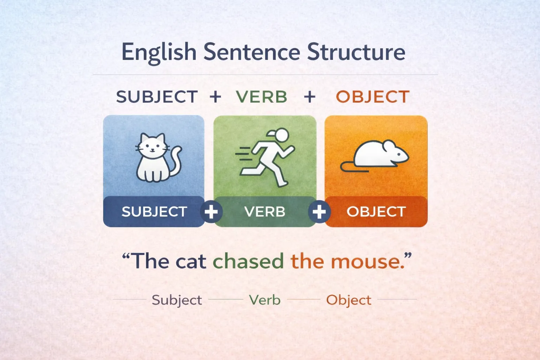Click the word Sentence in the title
coord(251,52)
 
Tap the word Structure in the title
coord(356,52)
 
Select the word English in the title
coord(159,53)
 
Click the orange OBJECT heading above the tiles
coord(373,97)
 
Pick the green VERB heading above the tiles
coord(262,97)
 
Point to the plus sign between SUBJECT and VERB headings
coord(216,97)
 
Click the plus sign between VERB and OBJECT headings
coord(309,97)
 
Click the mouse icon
coord(378,155)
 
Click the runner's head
coord(281,135)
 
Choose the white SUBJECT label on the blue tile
coord(154,212)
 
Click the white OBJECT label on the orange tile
coord(376,212)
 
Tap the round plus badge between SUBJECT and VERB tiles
coord(211,212)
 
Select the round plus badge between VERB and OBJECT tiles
coord(319,212)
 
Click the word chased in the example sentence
coord(248,262)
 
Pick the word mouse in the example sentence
coord(368,262)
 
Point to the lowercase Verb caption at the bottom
coord(265,300)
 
